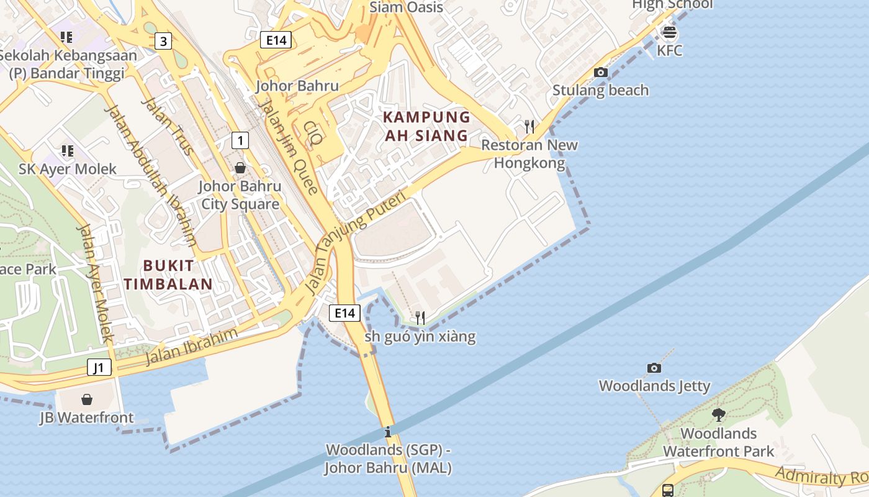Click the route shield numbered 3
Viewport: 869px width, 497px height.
163,42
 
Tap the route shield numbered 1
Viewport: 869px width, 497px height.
240,140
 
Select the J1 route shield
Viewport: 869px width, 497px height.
99,367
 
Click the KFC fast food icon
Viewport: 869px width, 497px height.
669,31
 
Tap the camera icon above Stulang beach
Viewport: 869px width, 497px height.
600,72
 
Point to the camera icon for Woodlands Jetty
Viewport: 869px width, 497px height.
654,368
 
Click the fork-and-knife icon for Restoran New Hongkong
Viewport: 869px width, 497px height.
529,127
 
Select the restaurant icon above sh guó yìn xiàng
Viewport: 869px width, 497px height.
420,318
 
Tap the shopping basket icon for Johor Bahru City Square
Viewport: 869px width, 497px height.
240,168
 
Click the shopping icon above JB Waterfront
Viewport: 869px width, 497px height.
87,399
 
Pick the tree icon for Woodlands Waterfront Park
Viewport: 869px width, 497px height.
718,414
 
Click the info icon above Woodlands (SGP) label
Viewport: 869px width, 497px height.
388,431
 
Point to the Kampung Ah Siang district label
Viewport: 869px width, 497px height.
426,126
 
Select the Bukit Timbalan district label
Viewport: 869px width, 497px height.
168,275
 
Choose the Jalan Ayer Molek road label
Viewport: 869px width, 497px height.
94,283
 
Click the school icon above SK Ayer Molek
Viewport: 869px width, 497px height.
67,150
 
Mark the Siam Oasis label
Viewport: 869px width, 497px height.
406,7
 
